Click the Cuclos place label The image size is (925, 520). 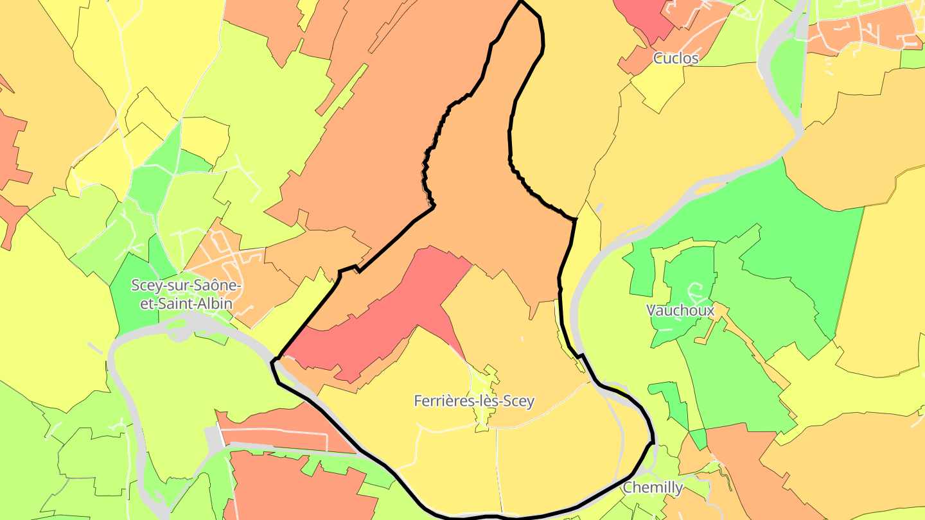pos(676,58)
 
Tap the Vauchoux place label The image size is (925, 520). pos(680,310)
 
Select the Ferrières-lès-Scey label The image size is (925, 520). pos(474,401)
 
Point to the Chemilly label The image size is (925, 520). pos(653,487)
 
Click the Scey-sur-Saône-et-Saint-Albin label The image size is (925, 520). pos(186,293)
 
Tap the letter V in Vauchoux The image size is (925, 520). pos(651,310)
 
